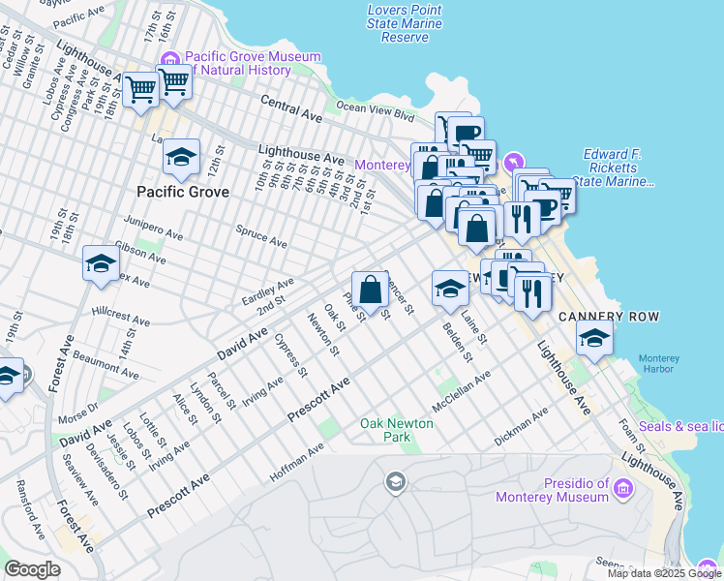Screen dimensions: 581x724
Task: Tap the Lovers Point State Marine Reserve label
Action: click(x=405, y=23)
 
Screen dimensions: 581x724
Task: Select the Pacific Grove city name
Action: click(x=183, y=192)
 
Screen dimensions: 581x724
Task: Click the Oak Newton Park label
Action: click(x=397, y=430)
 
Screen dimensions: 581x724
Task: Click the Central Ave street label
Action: click(x=290, y=107)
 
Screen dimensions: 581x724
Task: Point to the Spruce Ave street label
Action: click(x=261, y=235)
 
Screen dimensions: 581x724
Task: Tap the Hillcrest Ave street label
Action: click(x=121, y=316)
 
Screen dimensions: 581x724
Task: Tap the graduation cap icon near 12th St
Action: click(x=181, y=156)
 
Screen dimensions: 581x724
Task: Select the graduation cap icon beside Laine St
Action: click(x=449, y=288)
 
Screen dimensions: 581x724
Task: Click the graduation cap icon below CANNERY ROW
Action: click(x=594, y=338)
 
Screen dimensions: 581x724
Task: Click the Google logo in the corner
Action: click(x=32, y=569)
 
